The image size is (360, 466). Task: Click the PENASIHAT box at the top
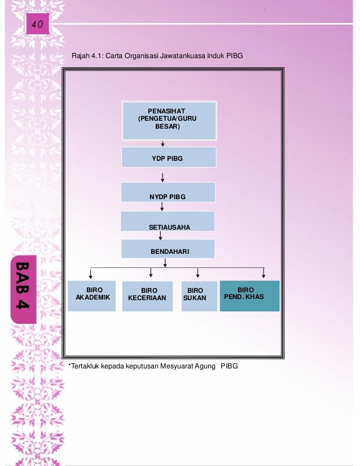pyautogui.click(x=169, y=120)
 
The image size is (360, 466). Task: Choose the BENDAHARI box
pyautogui.click(x=168, y=249)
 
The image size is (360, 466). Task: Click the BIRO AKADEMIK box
pyautogui.click(x=92, y=296)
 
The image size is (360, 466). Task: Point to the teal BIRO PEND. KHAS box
pyautogui.click(x=249, y=296)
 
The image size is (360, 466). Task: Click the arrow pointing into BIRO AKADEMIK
pyautogui.click(x=91, y=273)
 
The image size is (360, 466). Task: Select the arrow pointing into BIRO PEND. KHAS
pyautogui.click(x=264, y=273)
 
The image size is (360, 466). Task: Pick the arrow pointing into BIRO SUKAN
pyautogui.click(x=197, y=273)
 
